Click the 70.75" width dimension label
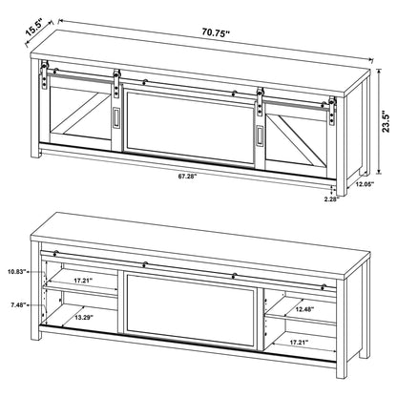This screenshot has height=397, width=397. click(216, 32)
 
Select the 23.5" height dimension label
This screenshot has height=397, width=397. click(386, 121)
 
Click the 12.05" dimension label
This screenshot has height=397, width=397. click(365, 183)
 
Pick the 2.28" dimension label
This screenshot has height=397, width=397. click(332, 199)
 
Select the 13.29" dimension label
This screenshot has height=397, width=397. click(83, 317)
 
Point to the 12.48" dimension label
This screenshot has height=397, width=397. click(304, 308)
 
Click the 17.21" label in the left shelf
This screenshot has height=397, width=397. click(83, 281)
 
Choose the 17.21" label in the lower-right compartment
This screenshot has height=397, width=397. click(299, 343)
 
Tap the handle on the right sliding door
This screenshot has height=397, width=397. click(260, 136)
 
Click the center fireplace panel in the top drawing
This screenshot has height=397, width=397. click(189, 127)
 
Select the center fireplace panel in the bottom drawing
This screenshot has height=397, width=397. click(190, 309)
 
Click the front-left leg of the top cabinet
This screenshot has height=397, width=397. click(35, 108)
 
